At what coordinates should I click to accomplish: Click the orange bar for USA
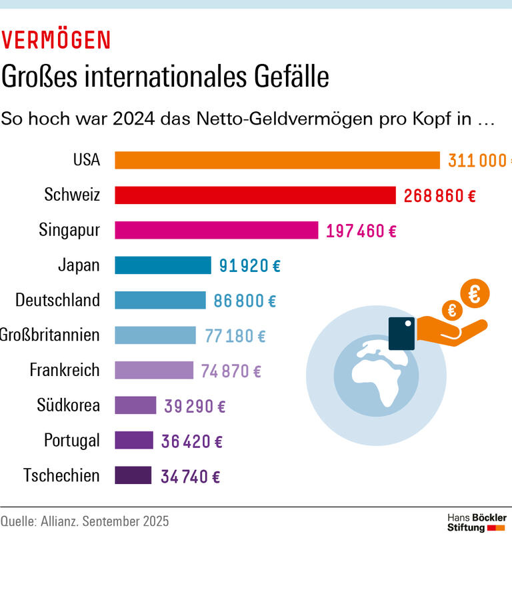pos(277,161)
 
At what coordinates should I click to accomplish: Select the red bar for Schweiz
pos(255,195)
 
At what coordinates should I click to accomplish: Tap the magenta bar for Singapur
pos(216,231)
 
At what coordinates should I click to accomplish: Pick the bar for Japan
pos(163,265)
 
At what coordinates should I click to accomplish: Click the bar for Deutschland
pos(160,301)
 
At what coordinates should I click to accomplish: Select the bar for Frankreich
pos(154,370)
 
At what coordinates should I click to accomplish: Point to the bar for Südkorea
pos(135,405)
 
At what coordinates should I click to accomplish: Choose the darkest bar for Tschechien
pos(133,476)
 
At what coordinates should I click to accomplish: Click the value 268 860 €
pos(439,196)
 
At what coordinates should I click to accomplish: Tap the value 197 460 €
pos(361,231)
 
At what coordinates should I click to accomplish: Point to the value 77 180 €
pos(235,336)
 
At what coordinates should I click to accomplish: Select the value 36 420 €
pos(191,441)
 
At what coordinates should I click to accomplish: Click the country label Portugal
pos(72,441)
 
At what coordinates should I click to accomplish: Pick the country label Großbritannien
pos(50,335)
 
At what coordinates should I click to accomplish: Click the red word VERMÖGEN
pos(56,41)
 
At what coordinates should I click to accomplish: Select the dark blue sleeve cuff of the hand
pos(402,333)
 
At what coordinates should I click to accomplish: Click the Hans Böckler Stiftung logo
pos(476,523)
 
